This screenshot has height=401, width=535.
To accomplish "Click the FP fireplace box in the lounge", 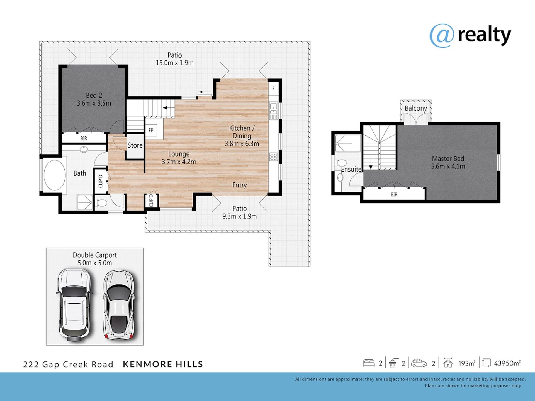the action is pos(151,130).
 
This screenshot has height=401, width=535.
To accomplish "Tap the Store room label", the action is pos(135,145).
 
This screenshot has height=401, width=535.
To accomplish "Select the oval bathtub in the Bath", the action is pos(55,175).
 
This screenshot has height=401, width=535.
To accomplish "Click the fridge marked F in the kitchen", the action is pos(273,89).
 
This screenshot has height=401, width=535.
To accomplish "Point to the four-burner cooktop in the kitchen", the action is pos(274,157).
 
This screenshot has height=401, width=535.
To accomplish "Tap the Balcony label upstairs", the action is pos(416,108).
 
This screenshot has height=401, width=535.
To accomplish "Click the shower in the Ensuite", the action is pos(348,143).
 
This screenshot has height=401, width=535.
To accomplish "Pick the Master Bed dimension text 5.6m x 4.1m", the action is pos(448,167).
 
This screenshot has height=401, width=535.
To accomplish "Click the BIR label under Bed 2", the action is pos(84,138).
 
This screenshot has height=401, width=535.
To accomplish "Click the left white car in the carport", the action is pos(74,305).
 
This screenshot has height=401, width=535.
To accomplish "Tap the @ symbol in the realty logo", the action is pos(442,36).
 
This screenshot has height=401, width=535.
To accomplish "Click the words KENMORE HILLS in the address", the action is pos(163,364).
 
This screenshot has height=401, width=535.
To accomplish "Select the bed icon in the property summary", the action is pos(369,363).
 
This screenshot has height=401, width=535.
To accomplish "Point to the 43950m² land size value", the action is pos(507,363).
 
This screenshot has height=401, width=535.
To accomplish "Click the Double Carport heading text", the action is pos(95,255).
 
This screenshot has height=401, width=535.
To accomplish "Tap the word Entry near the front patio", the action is pos(240,185).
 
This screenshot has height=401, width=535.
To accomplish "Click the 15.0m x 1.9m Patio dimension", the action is pos(175,63).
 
